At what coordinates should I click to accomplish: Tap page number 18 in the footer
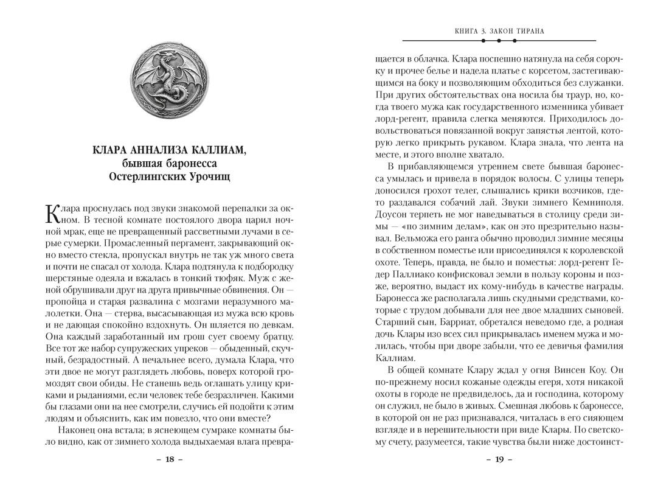click(170, 459)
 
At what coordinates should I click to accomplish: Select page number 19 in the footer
click(499, 459)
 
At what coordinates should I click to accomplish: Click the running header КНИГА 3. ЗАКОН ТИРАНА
click(499, 30)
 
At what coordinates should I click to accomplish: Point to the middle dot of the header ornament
click(499, 41)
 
